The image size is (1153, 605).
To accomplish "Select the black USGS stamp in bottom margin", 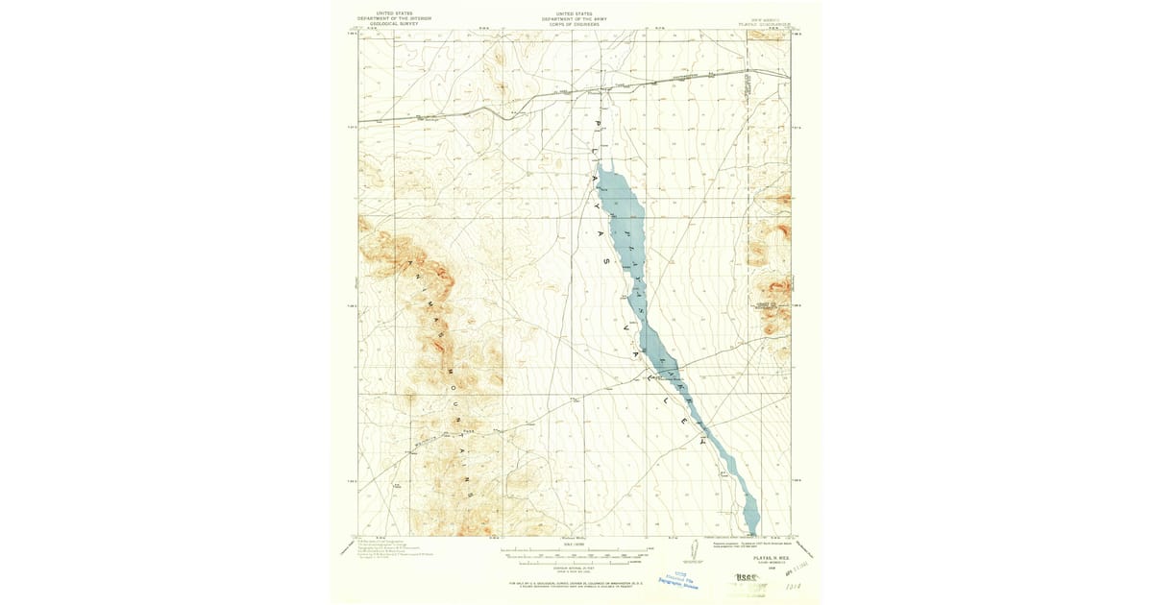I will point(746,578).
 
